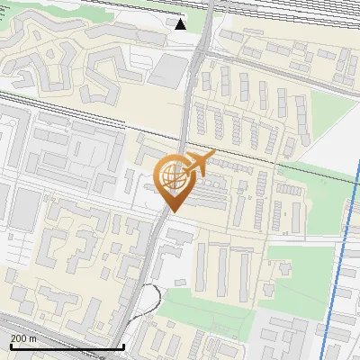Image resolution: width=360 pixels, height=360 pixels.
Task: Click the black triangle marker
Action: pos(181,24)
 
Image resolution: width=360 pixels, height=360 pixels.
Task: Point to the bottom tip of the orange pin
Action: pos(172,211)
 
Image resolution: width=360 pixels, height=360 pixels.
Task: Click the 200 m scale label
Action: pos(23,338)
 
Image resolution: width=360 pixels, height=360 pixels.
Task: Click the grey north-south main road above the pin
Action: pos(188,108)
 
